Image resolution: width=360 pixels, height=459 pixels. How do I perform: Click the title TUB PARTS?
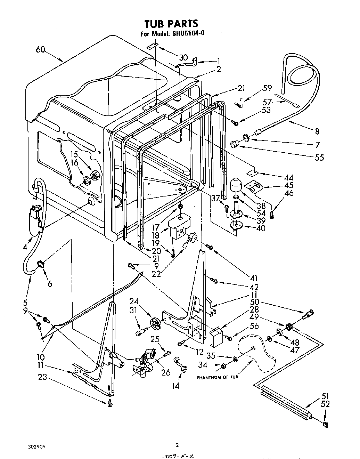click(171, 24)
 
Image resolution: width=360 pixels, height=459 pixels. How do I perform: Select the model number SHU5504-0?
click(189, 34)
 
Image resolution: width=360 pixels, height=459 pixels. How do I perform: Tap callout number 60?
click(41, 50)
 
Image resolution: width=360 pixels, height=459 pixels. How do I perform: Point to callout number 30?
click(183, 58)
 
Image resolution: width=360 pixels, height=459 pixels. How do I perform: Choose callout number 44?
click(288, 177)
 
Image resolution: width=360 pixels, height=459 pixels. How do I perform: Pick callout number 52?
click(325, 404)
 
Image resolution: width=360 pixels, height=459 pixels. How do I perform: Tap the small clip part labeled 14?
click(181, 363)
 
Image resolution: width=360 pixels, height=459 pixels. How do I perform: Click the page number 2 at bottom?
click(177, 445)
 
